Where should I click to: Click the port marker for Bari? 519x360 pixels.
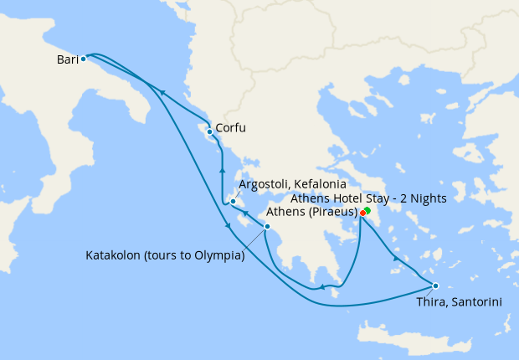coord(84,59)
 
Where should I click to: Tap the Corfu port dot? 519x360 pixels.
coord(209,131)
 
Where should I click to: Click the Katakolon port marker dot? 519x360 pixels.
coord(267,227)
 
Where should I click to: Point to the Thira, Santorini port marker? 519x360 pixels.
coord(435,285)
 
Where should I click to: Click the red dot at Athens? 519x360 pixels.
coord(362,213)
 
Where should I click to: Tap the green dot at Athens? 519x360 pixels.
coord(367,210)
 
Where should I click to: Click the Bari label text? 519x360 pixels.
coord(68,59)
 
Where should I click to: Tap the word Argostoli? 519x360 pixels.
coord(265,184)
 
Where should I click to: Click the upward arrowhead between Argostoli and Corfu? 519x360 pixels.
coord(223,169)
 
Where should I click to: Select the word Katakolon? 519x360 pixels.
coord(116,255)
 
